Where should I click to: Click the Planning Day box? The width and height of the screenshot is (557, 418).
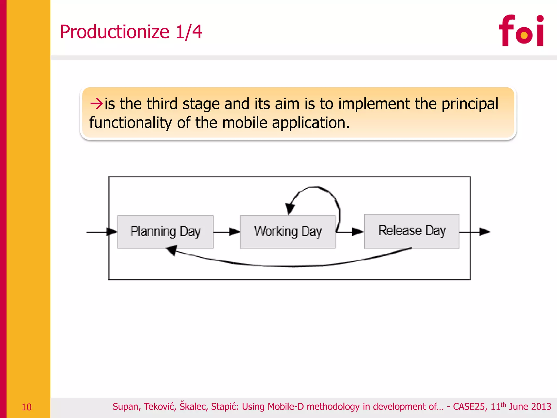pyautogui.click(x=165, y=232)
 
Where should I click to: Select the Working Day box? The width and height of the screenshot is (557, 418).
pyautogui.click(x=288, y=232)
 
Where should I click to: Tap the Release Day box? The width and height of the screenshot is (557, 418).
pyautogui.click(x=411, y=231)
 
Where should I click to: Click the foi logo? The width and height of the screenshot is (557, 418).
pyautogui.click(x=521, y=30)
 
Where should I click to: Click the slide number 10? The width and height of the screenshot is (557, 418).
pyautogui.click(x=26, y=407)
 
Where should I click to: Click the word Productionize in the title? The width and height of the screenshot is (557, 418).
pyautogui.click(x=115, y=32)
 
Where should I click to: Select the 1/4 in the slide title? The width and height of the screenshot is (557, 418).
pyautogui.click(x=189, y=32)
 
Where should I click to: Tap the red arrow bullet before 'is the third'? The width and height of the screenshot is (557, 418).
pyautogui.click(x=96, y=104)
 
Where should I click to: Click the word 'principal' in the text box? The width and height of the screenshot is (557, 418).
pyautogui.click(x=470, y=104)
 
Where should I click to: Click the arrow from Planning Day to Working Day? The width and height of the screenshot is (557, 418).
pyautogui.click(x=227, y=232)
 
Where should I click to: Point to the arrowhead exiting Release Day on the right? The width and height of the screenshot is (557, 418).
pyautogui.click(x=484, y=232)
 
